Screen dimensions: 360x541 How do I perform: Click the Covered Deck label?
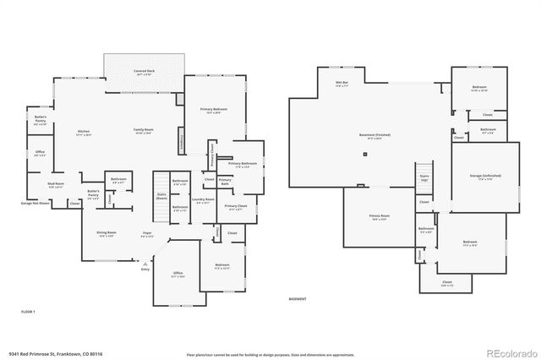pos(145,72)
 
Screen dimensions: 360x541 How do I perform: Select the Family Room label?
pos(144,130)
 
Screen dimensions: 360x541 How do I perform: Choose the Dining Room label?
pos(107,233)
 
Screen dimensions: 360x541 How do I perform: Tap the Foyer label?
pos(147,233)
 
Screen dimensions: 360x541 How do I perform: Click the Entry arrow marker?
pos(145,269)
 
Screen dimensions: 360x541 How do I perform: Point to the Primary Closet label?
pos(236,207)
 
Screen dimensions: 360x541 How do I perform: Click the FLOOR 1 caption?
pos(29,312)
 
